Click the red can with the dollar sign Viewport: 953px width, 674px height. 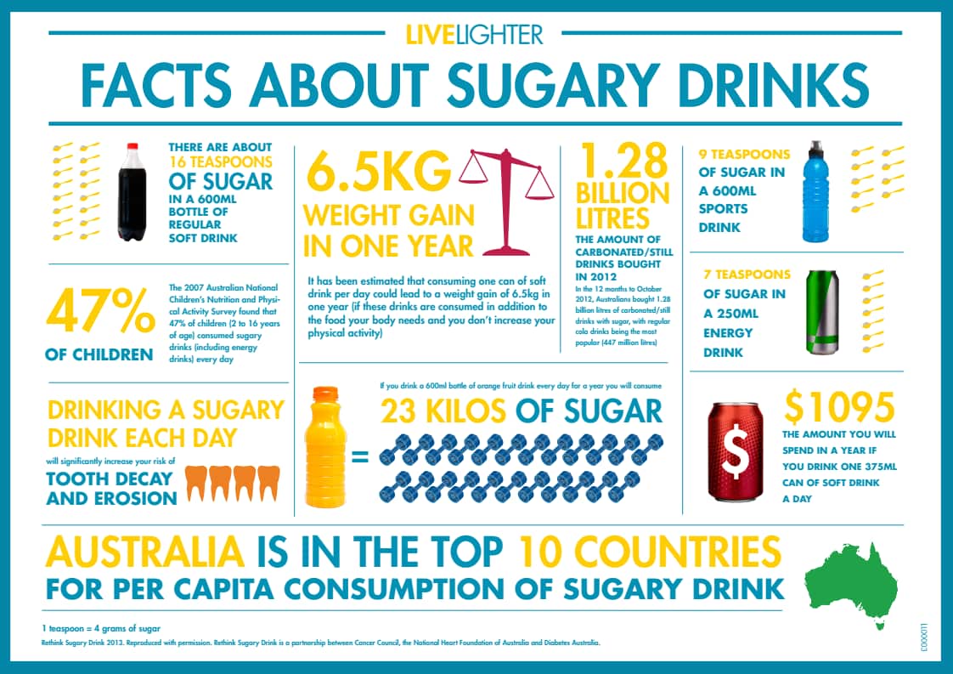point(736,451)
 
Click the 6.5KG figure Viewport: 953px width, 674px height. point(379,173)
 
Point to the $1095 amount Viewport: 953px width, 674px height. point(839,409)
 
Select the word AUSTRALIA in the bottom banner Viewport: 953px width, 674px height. point(144,552)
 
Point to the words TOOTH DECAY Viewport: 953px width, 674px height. point(111,479)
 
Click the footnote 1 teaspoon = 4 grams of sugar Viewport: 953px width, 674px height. point(101,628)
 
